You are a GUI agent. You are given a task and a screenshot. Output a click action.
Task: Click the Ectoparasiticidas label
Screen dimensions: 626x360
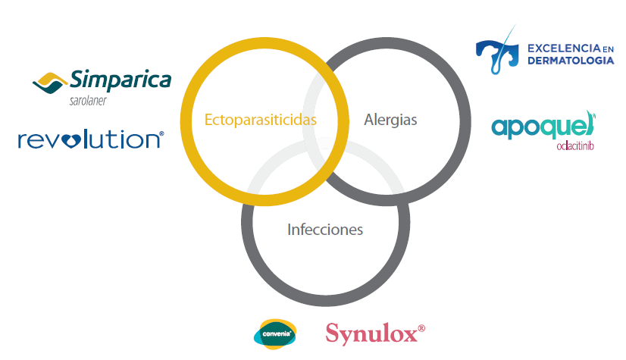click(260, 120)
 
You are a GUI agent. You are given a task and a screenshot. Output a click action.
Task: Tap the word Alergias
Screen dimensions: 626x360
click(390, 120)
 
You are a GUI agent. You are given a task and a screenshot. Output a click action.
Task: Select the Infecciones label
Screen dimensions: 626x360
click(325, 230)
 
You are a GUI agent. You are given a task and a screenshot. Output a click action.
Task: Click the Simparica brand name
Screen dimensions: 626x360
click(121, 80)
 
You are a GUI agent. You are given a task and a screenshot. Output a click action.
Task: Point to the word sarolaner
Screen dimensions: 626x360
click(88, 101)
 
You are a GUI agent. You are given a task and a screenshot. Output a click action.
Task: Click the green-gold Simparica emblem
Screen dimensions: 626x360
click(49, 83)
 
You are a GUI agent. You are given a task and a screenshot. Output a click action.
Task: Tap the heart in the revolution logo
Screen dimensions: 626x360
click(71, 140)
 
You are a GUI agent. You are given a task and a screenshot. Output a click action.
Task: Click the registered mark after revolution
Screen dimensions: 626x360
click(161, 133)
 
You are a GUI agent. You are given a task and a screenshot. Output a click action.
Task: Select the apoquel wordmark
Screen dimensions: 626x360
click(543, 126)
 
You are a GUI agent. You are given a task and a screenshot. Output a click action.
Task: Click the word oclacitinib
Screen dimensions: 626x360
click(575, 146)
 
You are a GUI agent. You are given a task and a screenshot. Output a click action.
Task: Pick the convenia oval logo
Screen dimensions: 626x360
click(275, 334)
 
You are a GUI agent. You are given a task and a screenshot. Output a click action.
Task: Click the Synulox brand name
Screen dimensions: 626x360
click(371, 333)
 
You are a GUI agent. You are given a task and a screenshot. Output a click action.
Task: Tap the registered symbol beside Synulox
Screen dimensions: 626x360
click(421, 328)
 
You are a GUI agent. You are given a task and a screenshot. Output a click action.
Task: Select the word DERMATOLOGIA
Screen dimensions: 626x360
click(571, 61)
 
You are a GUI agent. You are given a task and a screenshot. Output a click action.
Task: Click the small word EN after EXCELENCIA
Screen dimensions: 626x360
click(608, 49)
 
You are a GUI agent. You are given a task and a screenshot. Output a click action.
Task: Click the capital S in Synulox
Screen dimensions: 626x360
click(333, 333)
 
